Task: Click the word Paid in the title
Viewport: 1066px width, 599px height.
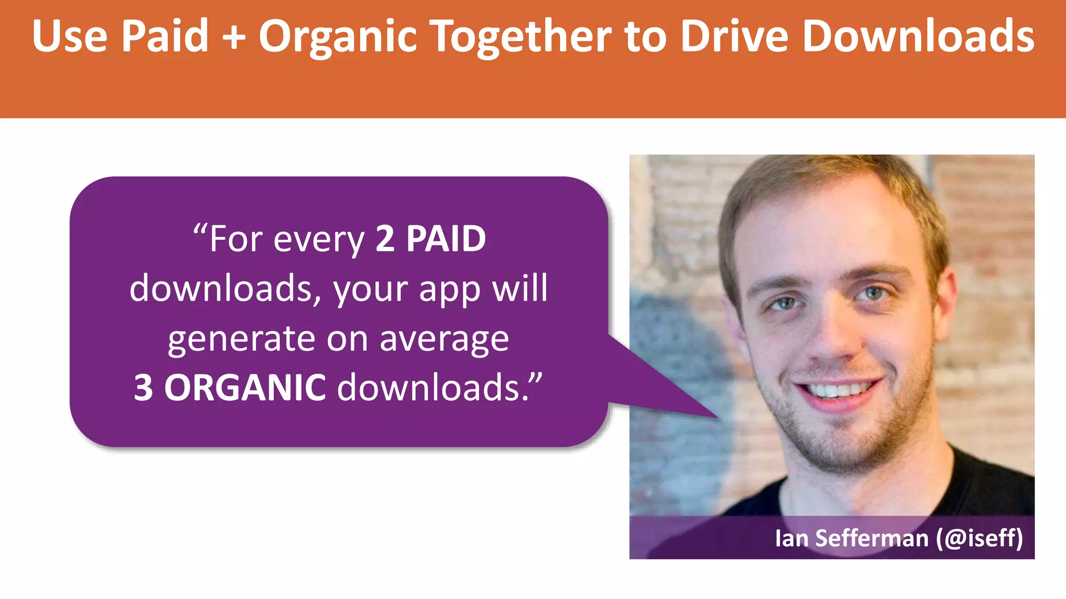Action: click(x=164, y=36)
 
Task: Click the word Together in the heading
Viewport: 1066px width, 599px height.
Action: click(x=522, y=36)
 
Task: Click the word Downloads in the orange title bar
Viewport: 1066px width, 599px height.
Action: click(x=918, y=36)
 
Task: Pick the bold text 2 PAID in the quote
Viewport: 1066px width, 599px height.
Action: click(x=430, y=239)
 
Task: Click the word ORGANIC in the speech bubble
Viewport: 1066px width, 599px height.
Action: click(x=245, y=388)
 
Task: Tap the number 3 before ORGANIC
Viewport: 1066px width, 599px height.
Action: click(x=144, y=388)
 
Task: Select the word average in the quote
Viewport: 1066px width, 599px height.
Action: click(x=444, y=340)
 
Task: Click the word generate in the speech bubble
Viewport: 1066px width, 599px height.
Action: click(x=242, y=340)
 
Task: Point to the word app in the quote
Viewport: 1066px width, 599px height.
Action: click(x=450, y=290)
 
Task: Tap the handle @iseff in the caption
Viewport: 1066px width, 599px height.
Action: click(x=979, y=538)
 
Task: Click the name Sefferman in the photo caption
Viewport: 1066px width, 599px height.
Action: click(x=872, y=538)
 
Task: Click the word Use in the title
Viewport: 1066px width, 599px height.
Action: click(x=69, y=36)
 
